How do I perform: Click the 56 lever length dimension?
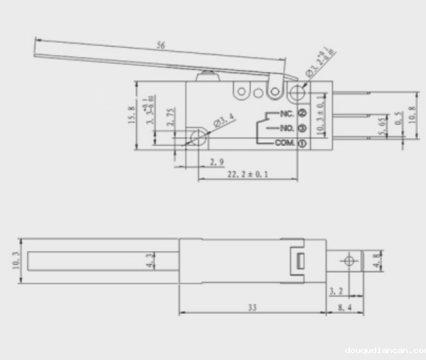(161, 45)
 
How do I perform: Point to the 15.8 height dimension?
(131, 115)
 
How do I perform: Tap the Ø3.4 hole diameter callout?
(224, 124)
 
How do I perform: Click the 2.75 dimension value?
(169, 117)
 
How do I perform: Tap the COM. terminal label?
(285, 143)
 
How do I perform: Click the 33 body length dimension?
(251, 307)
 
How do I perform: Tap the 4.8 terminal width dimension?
(377, 261)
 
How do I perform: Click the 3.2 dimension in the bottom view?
(336, 290)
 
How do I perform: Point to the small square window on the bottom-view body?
(299, 261)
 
